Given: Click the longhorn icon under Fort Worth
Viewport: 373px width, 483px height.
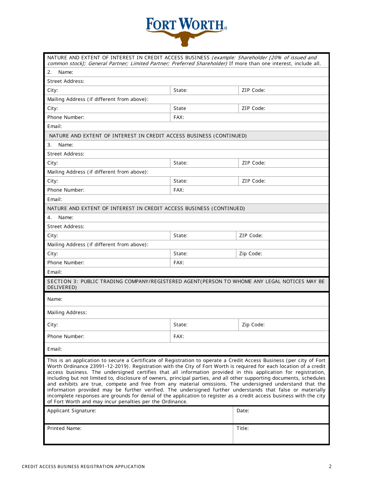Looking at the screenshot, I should click(x=185, y=38).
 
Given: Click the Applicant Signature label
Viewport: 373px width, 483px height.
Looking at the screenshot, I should click(x=71, y=411).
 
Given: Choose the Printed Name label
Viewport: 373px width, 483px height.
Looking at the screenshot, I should click(x=64, y=428).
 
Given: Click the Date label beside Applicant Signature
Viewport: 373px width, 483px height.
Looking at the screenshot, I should click(x=243, y=411).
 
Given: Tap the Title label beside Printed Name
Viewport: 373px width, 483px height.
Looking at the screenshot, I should click(x=242, y=428).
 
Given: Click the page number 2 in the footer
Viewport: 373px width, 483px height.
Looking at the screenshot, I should click(x=330, y=467).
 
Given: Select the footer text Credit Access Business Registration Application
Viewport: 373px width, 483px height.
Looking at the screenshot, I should click(x=83, y=467).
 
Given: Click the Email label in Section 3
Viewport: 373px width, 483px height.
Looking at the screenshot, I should click(x=55, y=349).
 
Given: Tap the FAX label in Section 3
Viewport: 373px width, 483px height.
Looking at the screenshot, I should click(x=179, y=337).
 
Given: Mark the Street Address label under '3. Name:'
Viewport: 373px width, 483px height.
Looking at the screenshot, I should click(x=66, y=154).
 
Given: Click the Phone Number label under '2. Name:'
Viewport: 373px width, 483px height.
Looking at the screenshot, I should click(x=66, y=117).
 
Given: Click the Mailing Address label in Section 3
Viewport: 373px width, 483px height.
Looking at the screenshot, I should click(x=67, y=313).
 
